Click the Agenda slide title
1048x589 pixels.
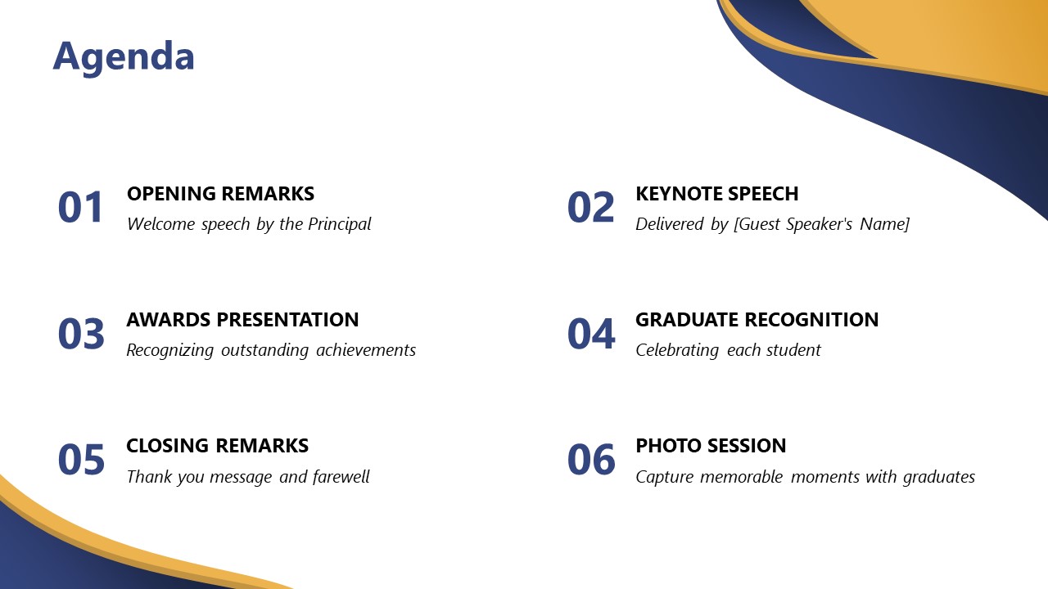[124, 56]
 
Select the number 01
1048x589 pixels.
[81, 208]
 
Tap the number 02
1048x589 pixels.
[590, 208]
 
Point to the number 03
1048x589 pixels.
[81, 334]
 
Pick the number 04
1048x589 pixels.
[590, 334]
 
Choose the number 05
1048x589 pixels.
[81, 460]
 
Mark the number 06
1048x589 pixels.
[590, 460]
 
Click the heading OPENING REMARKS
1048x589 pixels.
[220, 194]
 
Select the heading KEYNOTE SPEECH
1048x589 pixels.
[716, 194]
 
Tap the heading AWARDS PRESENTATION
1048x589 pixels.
[242, 320]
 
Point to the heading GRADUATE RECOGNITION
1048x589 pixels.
[757, 320]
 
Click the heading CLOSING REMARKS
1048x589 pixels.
[217, 446]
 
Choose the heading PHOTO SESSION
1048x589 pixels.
[711, 446]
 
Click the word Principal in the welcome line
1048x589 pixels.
[339, 224]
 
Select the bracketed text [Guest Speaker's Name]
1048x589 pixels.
[821, 224]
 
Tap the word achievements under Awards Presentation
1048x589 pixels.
[366, 350]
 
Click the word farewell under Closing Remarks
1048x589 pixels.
[341, 477]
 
